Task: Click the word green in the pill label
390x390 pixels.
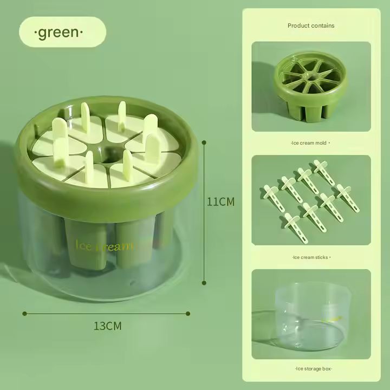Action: pyautogui.click(x=58, y=32)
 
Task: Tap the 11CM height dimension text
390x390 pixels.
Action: pyautogui.click(x=220, y=201)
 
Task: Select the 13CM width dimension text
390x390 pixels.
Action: pyautogui.click(x=107, y=326)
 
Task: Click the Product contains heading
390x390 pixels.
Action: pyautogui.click(x=311, y=25)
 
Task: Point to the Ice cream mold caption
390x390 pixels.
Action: pyautogui.click(x=310, y=143)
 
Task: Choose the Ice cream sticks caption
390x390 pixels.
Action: pyautogui.click(x=311, y=257)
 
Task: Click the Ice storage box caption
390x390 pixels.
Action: pyautogui.click(x=314, y=369)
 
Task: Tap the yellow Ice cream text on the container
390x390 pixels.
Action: pyautogui.click(x=104, y=246)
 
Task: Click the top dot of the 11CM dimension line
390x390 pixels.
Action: pyautogui.click(x=204, y=142)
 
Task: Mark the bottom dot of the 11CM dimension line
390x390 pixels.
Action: pyautogui.click(x=204, y=283)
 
